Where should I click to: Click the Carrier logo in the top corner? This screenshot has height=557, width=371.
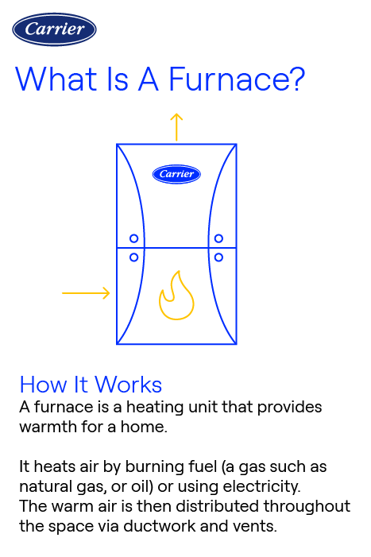tap(54, 29)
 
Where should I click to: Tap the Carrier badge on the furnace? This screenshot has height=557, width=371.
tap(176, 174)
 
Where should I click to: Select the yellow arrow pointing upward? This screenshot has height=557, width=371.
tap(176, 126)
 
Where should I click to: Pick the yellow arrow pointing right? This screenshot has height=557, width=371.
tap(86, 293)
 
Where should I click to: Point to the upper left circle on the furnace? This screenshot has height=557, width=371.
tap(134, 238)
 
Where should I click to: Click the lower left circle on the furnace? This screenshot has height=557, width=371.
tap(134, 257)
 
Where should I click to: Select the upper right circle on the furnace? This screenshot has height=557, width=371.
tap(218, 238)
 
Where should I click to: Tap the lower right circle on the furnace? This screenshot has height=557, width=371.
tap(218, 257)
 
